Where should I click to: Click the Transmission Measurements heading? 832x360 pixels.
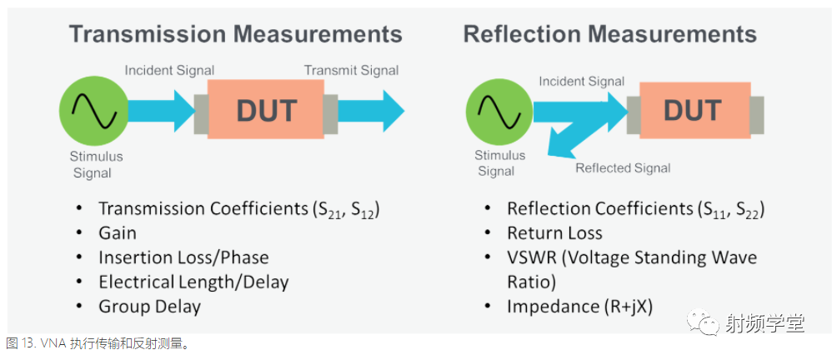coord(235,34)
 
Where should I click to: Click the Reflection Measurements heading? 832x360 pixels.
coord(609,34)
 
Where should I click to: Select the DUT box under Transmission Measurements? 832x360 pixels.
coord(266,112)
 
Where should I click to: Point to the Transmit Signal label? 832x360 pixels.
coord(351,70)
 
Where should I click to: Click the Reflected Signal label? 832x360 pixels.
coord(623,167)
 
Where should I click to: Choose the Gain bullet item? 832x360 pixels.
coord(117,232)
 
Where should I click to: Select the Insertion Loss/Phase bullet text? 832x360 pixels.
coord(183,257)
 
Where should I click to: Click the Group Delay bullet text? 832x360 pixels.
coord(149,307)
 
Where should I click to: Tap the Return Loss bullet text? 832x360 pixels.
coord(554,232)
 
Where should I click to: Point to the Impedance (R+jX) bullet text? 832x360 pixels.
coord(579,307)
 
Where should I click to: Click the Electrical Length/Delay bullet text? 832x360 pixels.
coord(193,282)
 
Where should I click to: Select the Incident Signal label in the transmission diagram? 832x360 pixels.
coord(169,70)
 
